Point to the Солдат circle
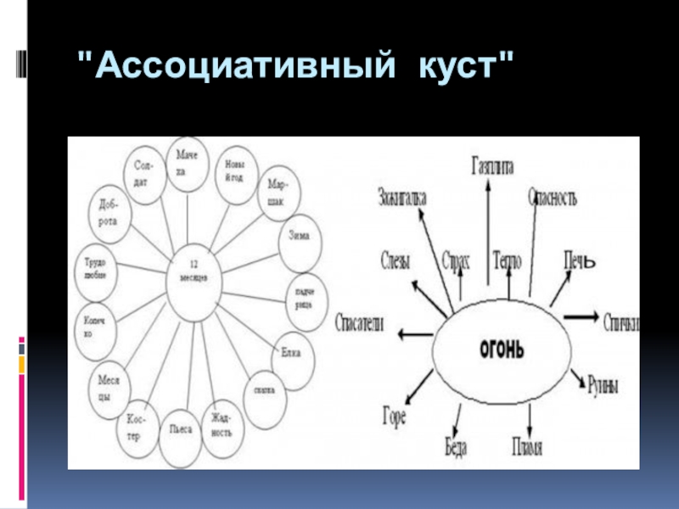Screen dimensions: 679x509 (x=144, y=172)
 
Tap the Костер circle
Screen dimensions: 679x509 (x=139, y=425)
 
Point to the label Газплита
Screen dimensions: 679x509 (x=492, y=167)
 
